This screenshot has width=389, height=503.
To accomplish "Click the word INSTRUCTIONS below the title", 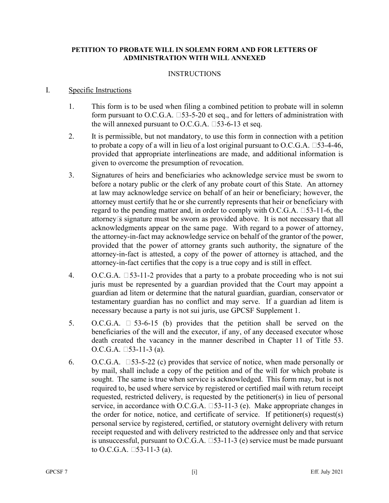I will pos(194,74).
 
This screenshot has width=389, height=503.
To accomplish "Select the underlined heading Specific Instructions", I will pos(100,90).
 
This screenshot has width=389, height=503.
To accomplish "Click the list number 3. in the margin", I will pos(71,175).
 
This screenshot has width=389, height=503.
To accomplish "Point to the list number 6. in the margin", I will pos(71,362).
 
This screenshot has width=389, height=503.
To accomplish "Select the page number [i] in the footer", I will pos(194,472).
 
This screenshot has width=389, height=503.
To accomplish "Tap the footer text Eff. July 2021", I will pos(326,472).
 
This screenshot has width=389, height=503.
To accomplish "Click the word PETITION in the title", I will pos(90,50).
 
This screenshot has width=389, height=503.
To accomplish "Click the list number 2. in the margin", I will pos(71,136).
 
